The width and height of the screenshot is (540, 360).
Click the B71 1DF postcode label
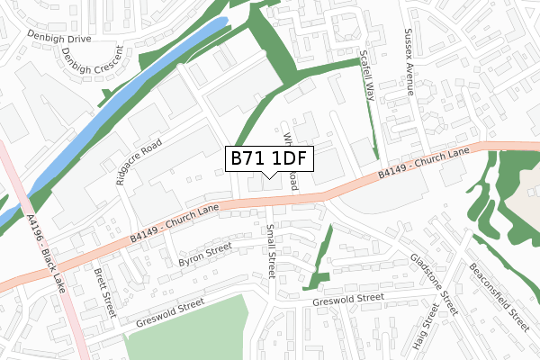(x=270, y=158)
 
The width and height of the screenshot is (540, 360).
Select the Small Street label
(x=268, y=252)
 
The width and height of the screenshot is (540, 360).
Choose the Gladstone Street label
(x=435, y=283)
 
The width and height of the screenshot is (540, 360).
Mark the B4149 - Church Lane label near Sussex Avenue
(x=424, y=160)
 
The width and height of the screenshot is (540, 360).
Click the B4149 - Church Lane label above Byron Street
(x=175, y=222)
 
